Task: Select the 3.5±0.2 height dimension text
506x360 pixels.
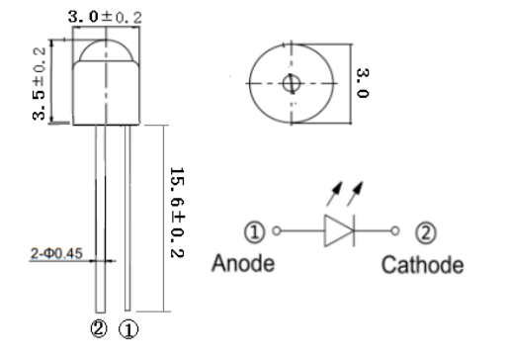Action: (41, 84)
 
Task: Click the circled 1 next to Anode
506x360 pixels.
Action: (254, 234)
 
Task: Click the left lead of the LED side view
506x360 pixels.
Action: (98, 218)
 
